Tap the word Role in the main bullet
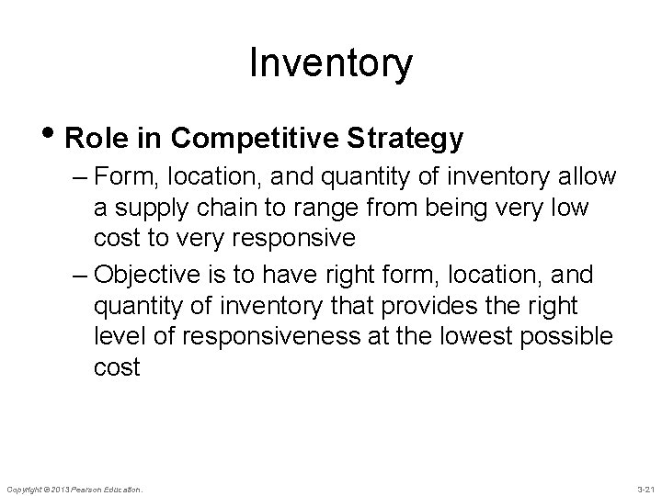pos(92,139)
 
